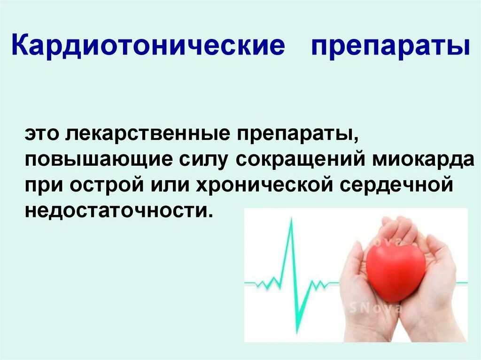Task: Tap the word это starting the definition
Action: tap(42, 134)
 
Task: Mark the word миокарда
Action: tap(423, 159)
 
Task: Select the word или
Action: tap(164, 184)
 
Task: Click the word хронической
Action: tap(251, 184)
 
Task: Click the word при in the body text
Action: tap(44, 184)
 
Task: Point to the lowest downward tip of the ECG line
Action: tap(297, 331)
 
